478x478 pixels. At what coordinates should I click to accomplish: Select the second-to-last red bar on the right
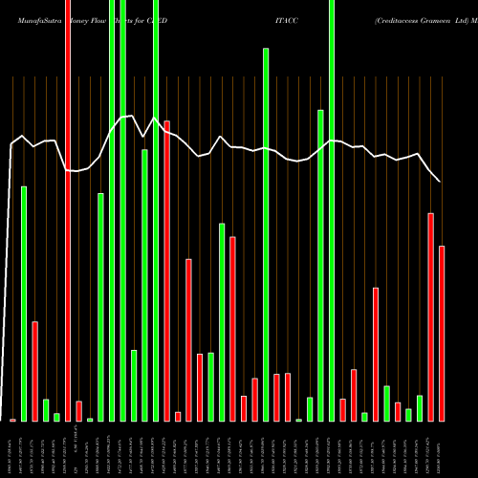click(x=430, y=316)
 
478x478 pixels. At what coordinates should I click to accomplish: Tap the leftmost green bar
click(x=24, y=303)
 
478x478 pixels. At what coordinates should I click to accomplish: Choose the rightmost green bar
click(x=420, y=408)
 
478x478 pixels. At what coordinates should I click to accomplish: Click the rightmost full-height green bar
click(x=332, y=210)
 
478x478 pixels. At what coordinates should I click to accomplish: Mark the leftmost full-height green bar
click(x=112, y=210)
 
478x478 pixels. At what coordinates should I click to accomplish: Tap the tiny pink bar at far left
click(x=12, y=420)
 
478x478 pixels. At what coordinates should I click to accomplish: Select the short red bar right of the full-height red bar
click(x=78, y=411)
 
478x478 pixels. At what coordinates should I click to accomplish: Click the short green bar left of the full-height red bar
click(x=56, y=417)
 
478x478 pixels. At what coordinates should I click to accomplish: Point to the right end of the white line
click(x=440, y=182)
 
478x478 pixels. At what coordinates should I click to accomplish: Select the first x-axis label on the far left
click(x=12, y=449)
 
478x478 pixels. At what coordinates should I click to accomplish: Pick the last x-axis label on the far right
click(x=442, y=449)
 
